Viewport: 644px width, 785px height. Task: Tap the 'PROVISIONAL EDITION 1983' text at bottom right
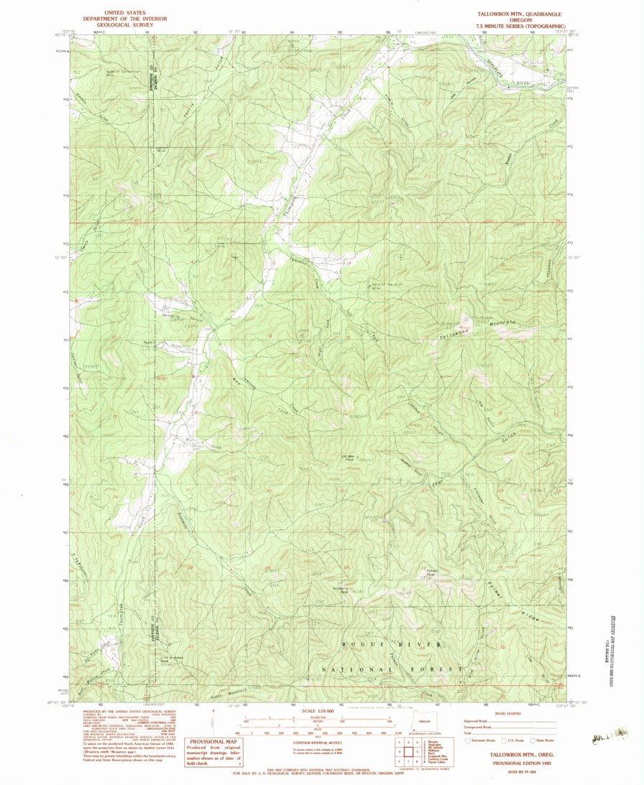[511, 763]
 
